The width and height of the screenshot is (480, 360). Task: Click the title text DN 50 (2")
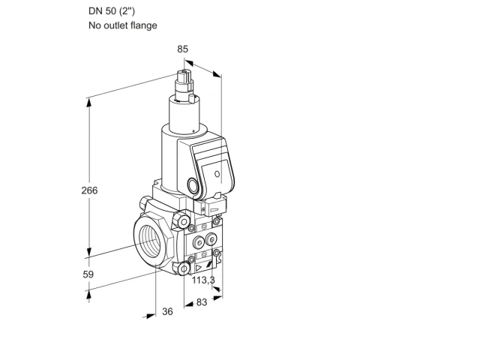(x=112, y=11)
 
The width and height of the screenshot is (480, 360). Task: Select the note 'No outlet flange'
(x=123, y=25)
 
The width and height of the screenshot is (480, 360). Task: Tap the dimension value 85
(x=182, y=49)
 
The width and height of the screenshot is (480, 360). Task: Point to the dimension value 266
(x=89, y=190)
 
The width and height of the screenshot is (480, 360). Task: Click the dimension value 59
(x=88, y=274)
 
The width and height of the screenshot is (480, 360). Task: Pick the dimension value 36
(x=167, y=311)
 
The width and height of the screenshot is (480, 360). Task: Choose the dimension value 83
(x=202, y=302)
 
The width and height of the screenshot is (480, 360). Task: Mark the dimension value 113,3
(x=203, y=280)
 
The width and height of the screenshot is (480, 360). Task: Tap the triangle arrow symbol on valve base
(x=199, y=268)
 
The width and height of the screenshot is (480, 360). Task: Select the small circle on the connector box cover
(x=217, y=174)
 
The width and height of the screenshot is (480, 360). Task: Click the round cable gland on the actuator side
(x=193, y=185)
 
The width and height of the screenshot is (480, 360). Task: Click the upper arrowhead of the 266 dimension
(x=88, y=103)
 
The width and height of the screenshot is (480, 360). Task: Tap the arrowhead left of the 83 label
(x=189, y=304)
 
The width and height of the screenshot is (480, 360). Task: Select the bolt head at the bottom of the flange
(x=183, y=268)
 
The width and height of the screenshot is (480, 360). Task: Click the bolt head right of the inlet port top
(x=182, y=221)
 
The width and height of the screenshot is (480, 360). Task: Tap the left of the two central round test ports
(x=199, y=243)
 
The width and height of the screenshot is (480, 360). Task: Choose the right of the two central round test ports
(x=211, y=239)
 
